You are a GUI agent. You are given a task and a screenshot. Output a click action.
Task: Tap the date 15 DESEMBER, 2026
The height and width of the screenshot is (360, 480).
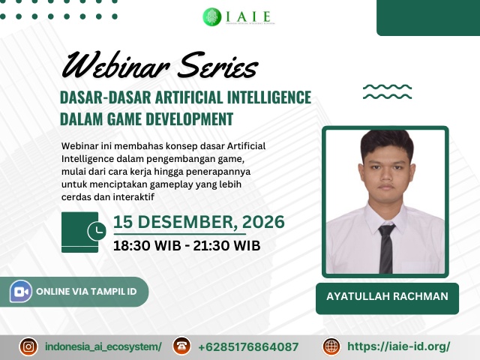199,222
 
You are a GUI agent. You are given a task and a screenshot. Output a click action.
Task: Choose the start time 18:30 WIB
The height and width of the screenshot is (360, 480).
148,244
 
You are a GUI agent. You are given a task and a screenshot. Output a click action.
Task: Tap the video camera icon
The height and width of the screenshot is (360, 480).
20,292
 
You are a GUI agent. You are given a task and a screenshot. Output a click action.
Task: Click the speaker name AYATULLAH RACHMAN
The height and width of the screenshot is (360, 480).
387,296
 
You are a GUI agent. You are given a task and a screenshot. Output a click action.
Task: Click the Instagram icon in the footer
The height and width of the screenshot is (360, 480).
28,346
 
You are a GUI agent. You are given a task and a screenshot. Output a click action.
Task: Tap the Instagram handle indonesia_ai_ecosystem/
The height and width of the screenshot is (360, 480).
103,346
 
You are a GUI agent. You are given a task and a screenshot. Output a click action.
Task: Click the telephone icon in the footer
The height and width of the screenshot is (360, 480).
181,346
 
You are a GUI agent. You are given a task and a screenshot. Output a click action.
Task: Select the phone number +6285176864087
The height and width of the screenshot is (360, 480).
248,346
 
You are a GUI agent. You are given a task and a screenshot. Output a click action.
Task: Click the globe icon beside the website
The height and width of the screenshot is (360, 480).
331,346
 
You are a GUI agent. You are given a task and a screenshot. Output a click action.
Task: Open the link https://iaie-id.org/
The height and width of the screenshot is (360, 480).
399,346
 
